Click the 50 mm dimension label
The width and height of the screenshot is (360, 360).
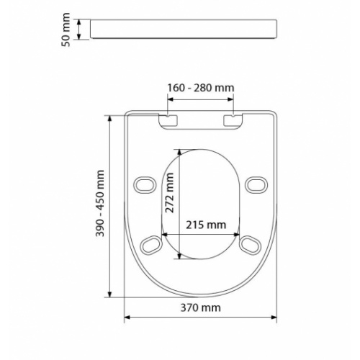click(66, 30)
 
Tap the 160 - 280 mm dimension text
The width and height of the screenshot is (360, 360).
click(201, 88)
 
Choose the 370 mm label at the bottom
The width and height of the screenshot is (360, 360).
click(201, 308)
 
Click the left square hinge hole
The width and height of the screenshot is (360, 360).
click(170, 120)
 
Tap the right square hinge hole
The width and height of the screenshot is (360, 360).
click(233, 120)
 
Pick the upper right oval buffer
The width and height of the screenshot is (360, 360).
click(256, 184)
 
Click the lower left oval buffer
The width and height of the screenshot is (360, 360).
click(153, 246)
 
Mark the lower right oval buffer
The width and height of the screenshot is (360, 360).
click(250, 246)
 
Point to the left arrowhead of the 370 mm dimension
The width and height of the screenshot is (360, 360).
click(127, 318)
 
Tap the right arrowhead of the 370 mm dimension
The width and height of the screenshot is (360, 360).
click(276, 318)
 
